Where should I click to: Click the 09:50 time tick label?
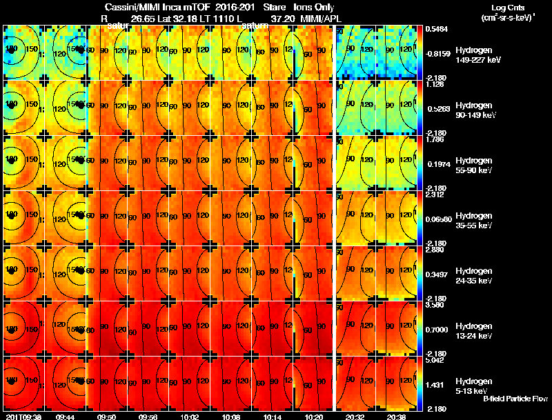[107, 417]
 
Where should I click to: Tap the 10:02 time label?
[190, 417]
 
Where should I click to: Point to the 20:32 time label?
[355, 417]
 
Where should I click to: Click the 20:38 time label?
[397, 417]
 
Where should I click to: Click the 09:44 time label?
[66, 417]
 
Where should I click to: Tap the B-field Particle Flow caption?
[515, 399]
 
